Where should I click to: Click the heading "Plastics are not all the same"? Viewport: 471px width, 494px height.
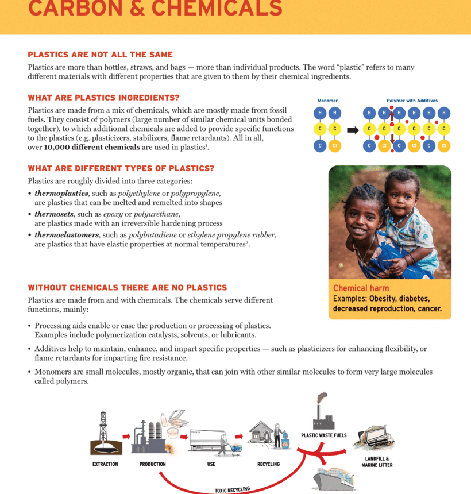point(100,55)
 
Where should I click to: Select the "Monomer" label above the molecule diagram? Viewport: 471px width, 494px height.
point(327,101)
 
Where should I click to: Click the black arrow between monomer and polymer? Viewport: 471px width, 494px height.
point(353,130)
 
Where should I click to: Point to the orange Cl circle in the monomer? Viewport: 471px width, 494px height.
point(335,146)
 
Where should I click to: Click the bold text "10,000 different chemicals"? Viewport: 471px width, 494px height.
point(92,147)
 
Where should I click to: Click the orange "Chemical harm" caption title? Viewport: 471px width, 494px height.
point(361,288)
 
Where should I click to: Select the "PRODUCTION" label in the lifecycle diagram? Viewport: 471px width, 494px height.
point(153,464)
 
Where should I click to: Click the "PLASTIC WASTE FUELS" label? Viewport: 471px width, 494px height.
point(324,435)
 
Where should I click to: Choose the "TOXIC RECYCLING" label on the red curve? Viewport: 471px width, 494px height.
point(233,489)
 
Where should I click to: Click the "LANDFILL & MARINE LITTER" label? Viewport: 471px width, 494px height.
point(377,462)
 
